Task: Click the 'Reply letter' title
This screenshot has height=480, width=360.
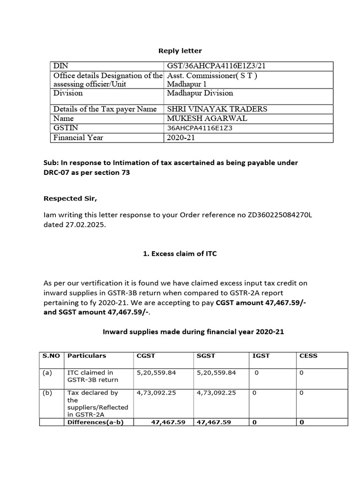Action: point(180,51)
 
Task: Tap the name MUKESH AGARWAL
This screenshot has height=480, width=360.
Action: point(207,119)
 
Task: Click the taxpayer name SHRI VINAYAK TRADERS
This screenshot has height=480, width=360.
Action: point(217,109)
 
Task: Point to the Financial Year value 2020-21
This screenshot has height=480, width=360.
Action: point(180,137)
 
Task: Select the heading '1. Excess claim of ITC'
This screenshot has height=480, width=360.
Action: point(180,254)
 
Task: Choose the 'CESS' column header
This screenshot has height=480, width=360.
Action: point(308,356)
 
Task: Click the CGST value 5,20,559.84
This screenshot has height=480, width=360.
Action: point(156,373)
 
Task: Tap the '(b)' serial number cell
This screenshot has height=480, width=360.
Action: point(47,393)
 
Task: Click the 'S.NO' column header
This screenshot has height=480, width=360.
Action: point(51,356)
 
